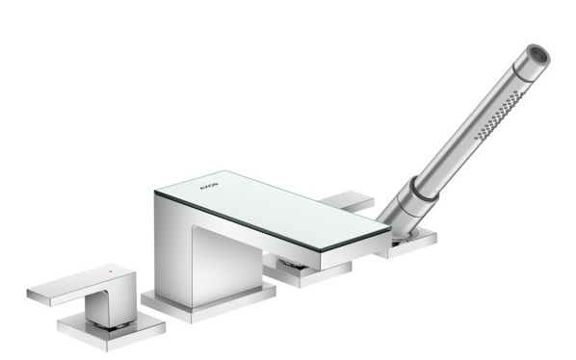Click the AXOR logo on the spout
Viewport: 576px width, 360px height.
[209, 186]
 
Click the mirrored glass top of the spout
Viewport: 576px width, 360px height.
[273, 210]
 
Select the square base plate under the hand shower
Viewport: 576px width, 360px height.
[409, 243]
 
